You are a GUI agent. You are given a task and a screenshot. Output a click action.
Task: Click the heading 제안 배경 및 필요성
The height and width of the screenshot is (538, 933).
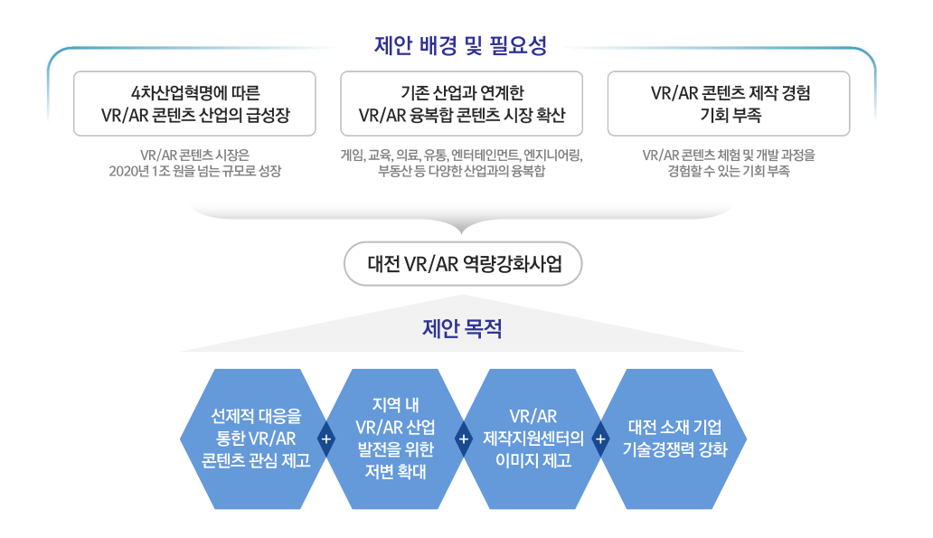click(x=460, y=46)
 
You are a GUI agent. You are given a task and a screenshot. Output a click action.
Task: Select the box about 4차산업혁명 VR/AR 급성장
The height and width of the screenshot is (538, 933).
click(x=194, y=104)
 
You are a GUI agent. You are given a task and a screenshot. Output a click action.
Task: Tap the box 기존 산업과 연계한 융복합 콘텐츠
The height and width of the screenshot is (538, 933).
click(x=462, y=104)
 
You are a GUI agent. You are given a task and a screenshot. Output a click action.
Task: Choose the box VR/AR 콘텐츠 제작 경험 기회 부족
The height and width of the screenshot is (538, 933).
click(x=729, y=104)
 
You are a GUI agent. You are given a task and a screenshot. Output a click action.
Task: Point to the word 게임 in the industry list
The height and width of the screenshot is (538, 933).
click(x=352, y=156)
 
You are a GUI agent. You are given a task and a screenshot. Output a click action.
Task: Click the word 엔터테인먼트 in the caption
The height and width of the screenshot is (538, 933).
click(x=485, y=156)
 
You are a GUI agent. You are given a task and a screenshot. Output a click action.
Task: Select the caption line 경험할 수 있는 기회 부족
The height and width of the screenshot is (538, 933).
click(x=729, y=172)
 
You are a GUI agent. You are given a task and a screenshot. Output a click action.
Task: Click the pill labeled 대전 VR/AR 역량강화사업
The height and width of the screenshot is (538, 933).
click(x=463, y=264)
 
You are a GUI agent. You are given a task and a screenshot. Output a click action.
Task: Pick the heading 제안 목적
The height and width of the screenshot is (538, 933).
click(x=462, y=328)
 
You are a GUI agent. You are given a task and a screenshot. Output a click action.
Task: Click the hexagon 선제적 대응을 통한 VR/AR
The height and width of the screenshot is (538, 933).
click(x=256, y=439)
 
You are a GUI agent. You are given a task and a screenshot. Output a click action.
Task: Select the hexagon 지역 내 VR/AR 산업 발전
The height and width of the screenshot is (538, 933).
click(x=395, y=439)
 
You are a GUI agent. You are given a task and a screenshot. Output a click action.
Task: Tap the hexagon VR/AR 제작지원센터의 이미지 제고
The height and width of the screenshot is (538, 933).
click(x=533, y=439)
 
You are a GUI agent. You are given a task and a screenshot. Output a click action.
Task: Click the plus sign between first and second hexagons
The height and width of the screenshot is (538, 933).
click(x=326, y=439)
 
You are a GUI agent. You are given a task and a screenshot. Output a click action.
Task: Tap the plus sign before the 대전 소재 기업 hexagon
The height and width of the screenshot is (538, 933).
click(x=601, y=439)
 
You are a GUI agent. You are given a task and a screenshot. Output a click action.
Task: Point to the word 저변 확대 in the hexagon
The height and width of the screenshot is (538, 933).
click(x=396, y=471)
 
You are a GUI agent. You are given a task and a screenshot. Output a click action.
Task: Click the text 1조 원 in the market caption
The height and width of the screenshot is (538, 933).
click(x=170, y=172)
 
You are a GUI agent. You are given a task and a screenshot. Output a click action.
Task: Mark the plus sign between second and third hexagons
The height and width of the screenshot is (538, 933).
click(x=464, y=439)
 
